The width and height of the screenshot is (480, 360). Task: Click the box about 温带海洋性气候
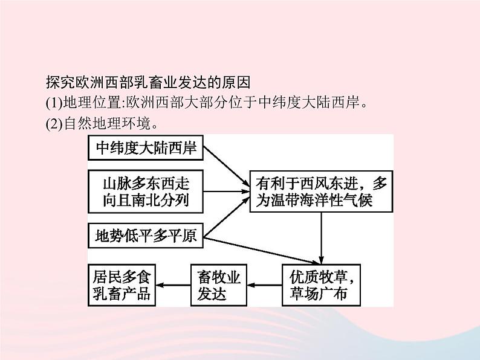tap(321, 191)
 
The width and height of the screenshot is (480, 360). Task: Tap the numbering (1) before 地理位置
tap(53, 103)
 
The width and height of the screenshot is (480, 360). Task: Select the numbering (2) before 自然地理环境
tap(53, 125)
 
